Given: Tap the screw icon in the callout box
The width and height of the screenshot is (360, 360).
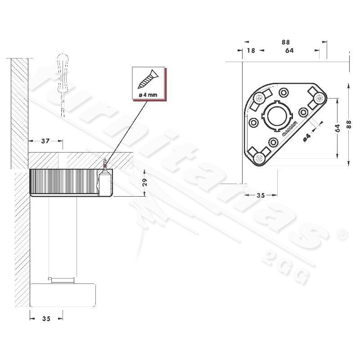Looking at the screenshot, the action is [x=148, y=79].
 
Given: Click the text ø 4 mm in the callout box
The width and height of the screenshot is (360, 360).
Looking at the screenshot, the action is [x=148, y=94].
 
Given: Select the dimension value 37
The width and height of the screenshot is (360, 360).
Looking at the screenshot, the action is [x=45, y=141].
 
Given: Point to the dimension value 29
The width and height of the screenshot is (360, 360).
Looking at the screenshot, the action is [x=144, y=183].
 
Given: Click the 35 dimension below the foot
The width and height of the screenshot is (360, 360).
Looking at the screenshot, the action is [x=46, y=319].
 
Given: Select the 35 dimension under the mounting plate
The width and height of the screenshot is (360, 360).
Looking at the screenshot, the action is [x=261, y=195].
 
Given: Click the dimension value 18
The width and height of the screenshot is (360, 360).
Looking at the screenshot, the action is [x=251, y=50].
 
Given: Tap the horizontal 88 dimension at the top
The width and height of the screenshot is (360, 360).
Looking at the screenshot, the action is [x=286, y=42].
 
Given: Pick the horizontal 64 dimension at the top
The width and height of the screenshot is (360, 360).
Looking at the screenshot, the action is [x=289, y=50].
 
